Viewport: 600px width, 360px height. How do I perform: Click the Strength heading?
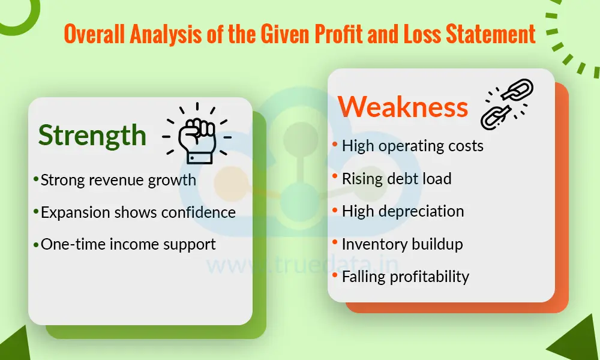(x=92, y=136)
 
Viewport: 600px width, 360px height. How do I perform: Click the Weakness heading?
(x=403, y=107)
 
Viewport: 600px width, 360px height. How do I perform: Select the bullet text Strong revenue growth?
(x=118, y=180)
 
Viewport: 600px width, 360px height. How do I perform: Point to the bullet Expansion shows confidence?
(x=138, y=212)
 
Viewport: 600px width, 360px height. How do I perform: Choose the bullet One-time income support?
(x=128, y=244)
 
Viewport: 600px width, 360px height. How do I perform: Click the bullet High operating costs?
(x=412, y=146)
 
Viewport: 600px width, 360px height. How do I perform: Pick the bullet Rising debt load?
(x=397, y=178)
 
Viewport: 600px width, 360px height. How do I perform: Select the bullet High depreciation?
(x=403, y=211)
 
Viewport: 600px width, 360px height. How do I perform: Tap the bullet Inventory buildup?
(x=402, y=244)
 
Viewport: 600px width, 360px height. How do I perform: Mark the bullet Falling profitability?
(x=406, y=277)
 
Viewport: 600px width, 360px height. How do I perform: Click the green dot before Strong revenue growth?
(x=36, y=178)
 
